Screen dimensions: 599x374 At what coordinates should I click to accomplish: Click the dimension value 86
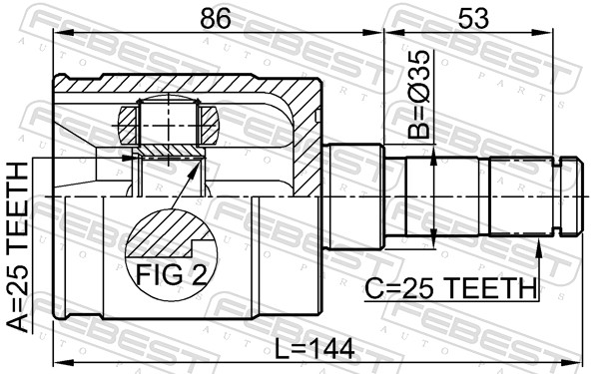(216, 18)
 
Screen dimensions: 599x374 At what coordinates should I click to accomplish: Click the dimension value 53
(473, 18)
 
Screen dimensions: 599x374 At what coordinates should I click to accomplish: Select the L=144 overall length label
(314, 349)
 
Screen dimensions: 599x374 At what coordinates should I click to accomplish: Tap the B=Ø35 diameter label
(418, 95)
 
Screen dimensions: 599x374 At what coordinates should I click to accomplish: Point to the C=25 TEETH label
(451, 288)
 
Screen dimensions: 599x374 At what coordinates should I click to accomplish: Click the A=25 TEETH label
(18, 247)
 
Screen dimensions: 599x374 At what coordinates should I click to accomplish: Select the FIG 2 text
(171, 275)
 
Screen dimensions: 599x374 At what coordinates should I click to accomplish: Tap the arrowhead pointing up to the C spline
(539, 248)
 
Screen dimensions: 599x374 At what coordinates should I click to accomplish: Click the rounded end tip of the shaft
(581, 196)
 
